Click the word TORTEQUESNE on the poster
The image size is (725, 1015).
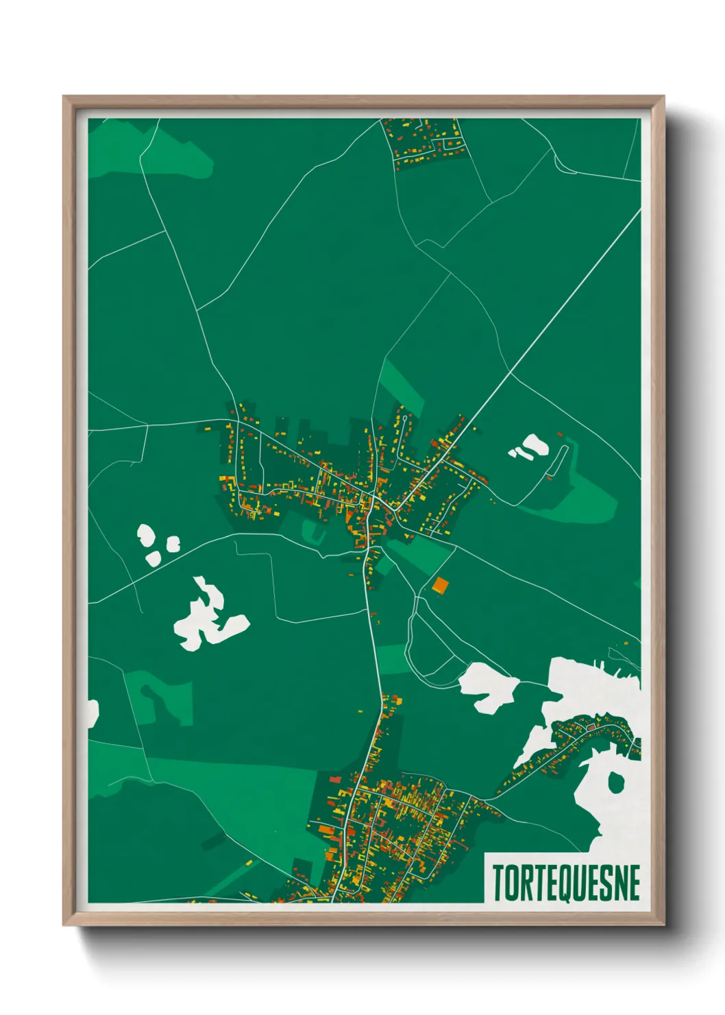tap(566, 883)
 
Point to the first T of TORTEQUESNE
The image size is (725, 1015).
tap(498, 883)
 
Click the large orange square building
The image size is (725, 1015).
tap(441, 585)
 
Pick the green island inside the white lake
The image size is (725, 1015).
tap(616, 781)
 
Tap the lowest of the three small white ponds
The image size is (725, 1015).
tap(153, 558)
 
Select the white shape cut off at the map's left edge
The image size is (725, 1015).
tap(93, 713)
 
